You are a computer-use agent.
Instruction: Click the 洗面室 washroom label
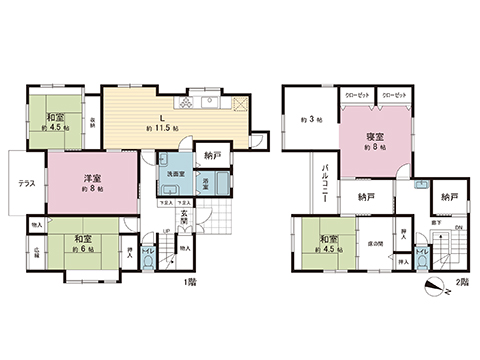pos(175,174)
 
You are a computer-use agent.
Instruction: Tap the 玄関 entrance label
pos(184,217)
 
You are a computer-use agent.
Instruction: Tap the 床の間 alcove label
pos(377,244)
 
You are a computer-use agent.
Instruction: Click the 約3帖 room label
pos(308,121)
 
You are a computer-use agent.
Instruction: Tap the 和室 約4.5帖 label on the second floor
pos(328,243)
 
